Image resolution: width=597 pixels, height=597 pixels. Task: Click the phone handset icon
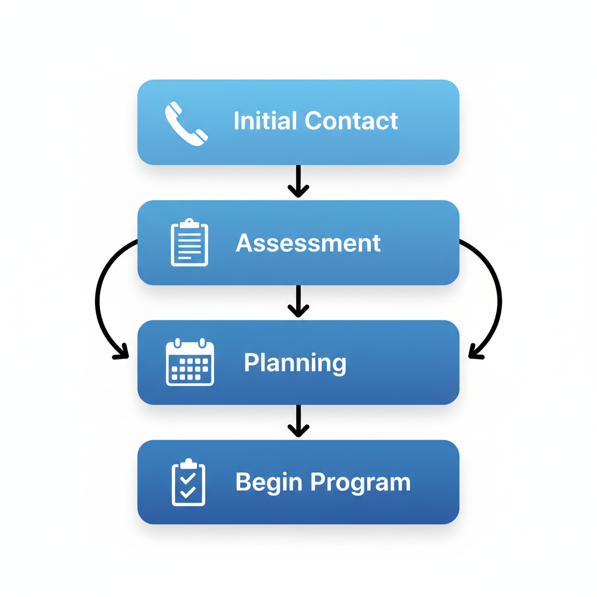186,122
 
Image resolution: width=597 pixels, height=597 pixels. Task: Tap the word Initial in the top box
265,121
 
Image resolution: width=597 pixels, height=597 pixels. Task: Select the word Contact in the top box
351,121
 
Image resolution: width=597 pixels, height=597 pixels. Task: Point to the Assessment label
308,243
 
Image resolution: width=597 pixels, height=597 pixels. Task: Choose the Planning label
295,363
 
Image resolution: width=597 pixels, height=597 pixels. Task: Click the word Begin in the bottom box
268,482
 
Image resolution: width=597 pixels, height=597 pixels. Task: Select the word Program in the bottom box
360,482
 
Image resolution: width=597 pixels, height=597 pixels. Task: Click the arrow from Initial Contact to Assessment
298,181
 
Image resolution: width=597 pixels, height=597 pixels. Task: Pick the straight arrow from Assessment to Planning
298,301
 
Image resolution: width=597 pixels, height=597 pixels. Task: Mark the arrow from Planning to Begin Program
298,421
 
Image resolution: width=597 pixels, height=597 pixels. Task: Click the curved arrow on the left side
98,297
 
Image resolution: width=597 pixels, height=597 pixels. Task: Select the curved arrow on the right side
499,297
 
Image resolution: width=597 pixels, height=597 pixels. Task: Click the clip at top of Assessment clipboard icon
189,223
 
